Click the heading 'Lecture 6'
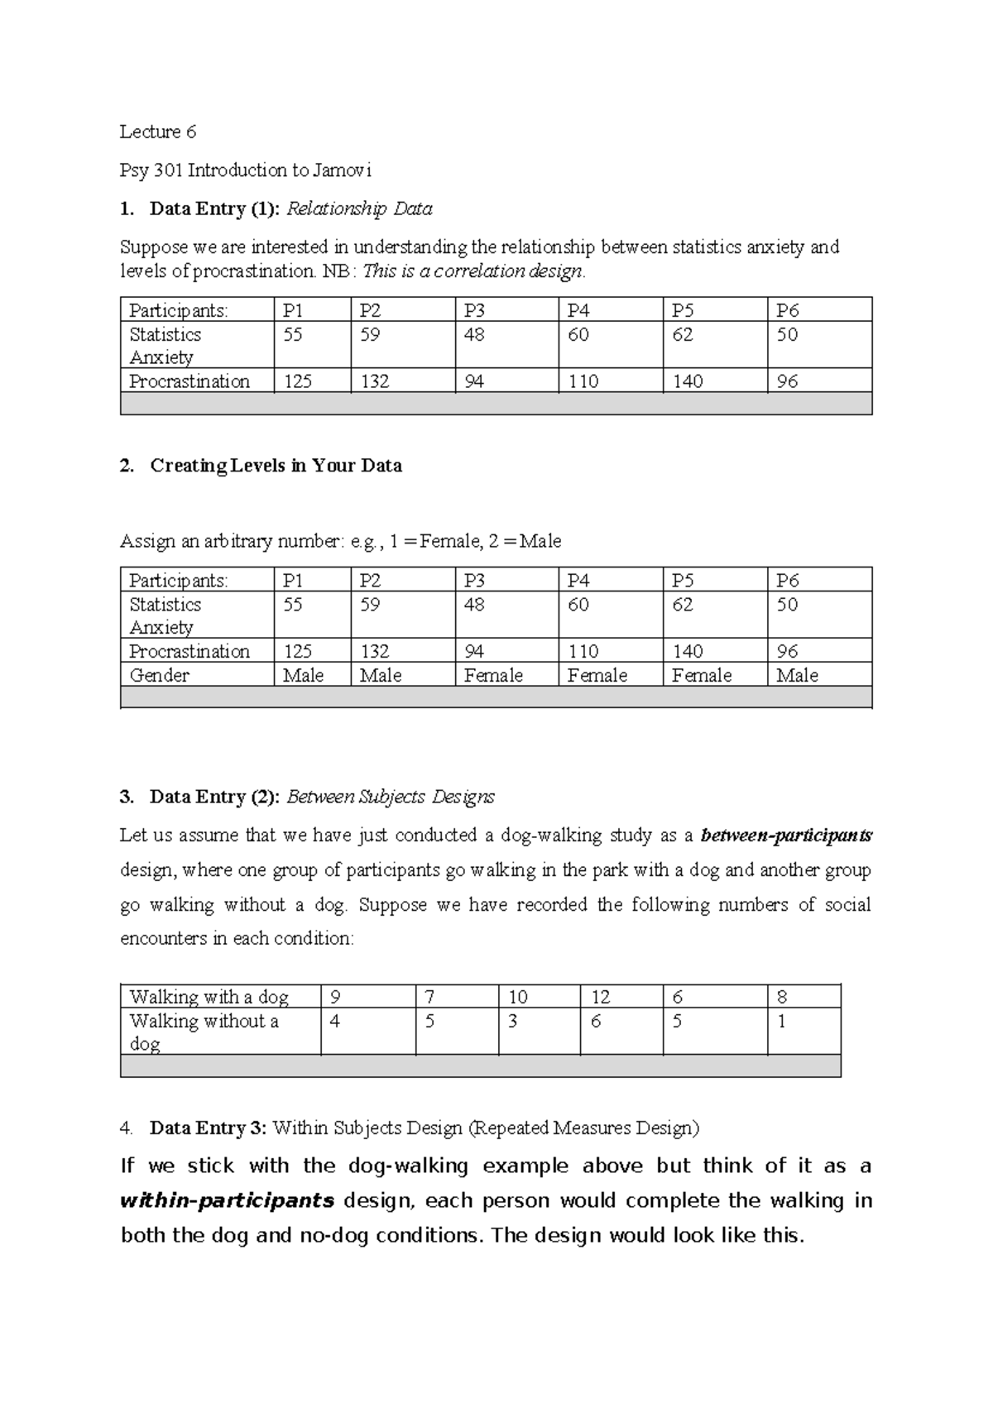[x=158, y=132]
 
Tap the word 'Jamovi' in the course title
[x=343, y=170]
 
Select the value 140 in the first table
[x=688, y=381]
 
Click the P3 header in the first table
[x=474, y=311]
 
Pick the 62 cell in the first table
[x=682, y=335]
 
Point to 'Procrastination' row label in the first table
[x=189, y=381]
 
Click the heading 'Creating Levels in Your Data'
[x=276, y=466]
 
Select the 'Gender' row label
[x=160, y=675]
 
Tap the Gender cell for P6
[x=797, y=675]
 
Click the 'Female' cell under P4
[x=597, y=675]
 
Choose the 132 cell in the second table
[x=375, y=651]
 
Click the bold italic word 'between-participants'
[x=786, y=836]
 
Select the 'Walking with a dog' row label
[x=209, y=997]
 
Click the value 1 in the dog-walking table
[x=781, y=1022]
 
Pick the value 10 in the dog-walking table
[x=518, y=997]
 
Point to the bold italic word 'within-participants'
[x=227, y=1200]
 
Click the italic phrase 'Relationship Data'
[x=359, y=209]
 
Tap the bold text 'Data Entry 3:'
[x=209, y=1128]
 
